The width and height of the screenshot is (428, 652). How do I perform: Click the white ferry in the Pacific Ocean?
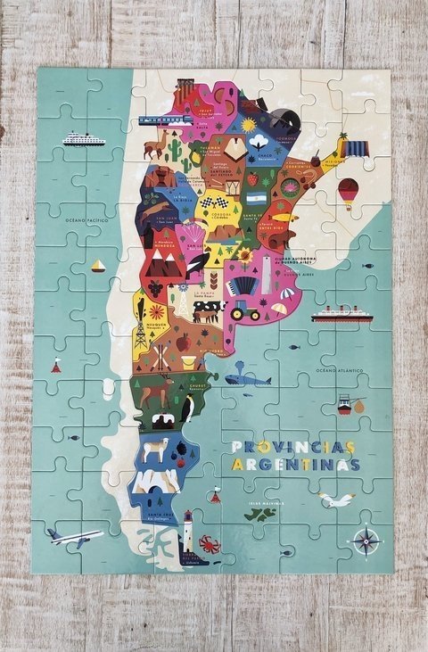pyautogui.click(x=83, y=139)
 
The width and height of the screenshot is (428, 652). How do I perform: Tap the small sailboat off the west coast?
pyautogui.click(x=98, y=266)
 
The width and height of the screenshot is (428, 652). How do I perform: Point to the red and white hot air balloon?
pyautogui.click(x=348, y=190)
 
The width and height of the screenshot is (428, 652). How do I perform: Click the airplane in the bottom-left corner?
pyautogui.click(x=75, y=537)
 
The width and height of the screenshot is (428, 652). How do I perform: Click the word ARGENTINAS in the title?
pyautogui.click(x=295, y=465)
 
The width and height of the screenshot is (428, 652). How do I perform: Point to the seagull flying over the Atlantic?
pyautogui.click(x=336, y=500)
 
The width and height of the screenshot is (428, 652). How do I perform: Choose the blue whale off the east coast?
pyautogui.click(x=247, y=379)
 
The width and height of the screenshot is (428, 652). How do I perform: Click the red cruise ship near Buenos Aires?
pyautogui.click(x=341, y=314)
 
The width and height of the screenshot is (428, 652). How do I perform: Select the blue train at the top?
pyautogui.click(x=160, y=120)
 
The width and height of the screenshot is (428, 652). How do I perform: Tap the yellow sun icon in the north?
pyautogui.click(x=248, y=125)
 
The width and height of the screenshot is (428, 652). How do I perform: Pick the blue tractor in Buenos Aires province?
pyautogui.click(x=244, y=311)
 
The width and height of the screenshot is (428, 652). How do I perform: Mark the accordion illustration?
pyautogui.click(x=241, y=286)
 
